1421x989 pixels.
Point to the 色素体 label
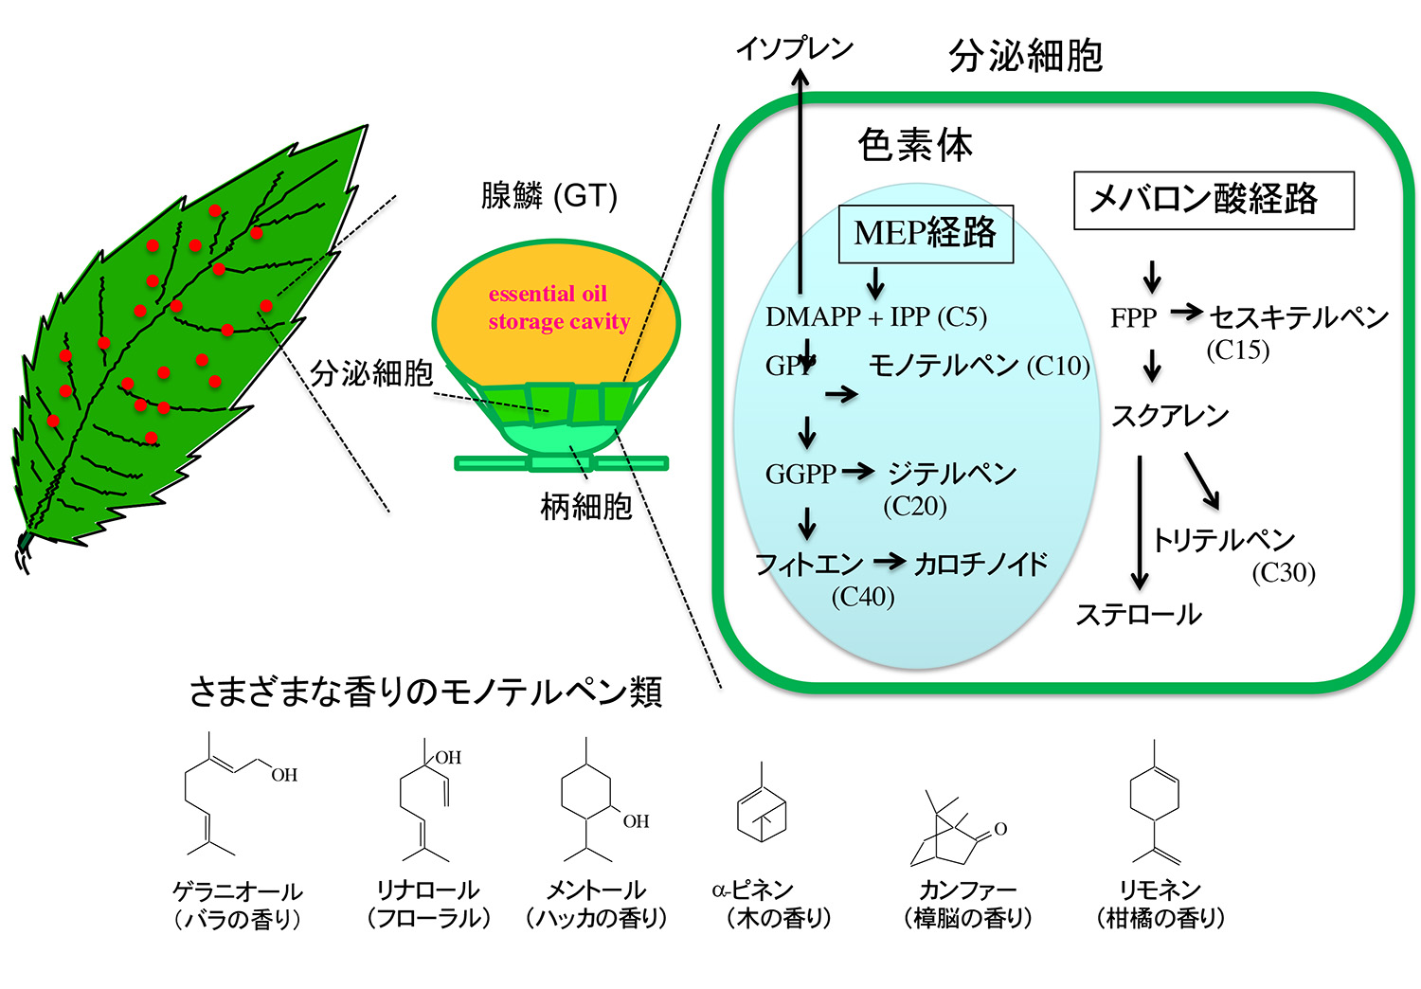[915, 145]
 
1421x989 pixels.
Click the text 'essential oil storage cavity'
[558, 308]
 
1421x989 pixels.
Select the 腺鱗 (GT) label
[549, 195]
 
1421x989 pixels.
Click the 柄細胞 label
[586, 507]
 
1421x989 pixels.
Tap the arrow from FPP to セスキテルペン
[1186, 312]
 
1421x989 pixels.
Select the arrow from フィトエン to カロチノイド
[890, 562]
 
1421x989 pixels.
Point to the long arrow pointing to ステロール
[1140, 523]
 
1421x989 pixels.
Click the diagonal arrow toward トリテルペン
[1202, 481]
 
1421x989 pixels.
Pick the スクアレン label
[1170, 416]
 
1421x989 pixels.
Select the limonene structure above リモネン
[1155, 801]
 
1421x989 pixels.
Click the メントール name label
[596, 890]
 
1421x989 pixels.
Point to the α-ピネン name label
[753, 890]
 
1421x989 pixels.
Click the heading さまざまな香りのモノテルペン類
[426, 691]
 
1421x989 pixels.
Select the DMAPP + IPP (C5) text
[876, 316]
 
